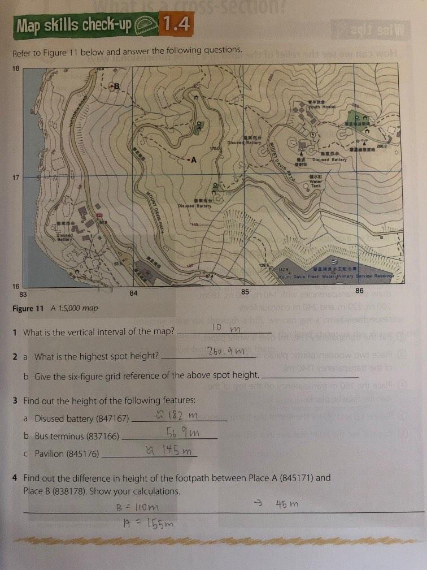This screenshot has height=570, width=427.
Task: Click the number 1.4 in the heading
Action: [175, 24]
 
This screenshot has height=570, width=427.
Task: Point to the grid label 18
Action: [16, 68]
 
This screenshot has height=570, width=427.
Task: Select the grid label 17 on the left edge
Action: [16, 178]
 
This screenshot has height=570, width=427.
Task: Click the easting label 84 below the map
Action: [133, 293]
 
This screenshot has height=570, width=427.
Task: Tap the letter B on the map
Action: [117, 87]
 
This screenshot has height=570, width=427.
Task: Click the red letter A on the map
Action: [193, 160]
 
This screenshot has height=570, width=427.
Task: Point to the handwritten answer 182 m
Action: [182, 416]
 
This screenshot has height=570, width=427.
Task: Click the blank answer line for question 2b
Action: [311, 377]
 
